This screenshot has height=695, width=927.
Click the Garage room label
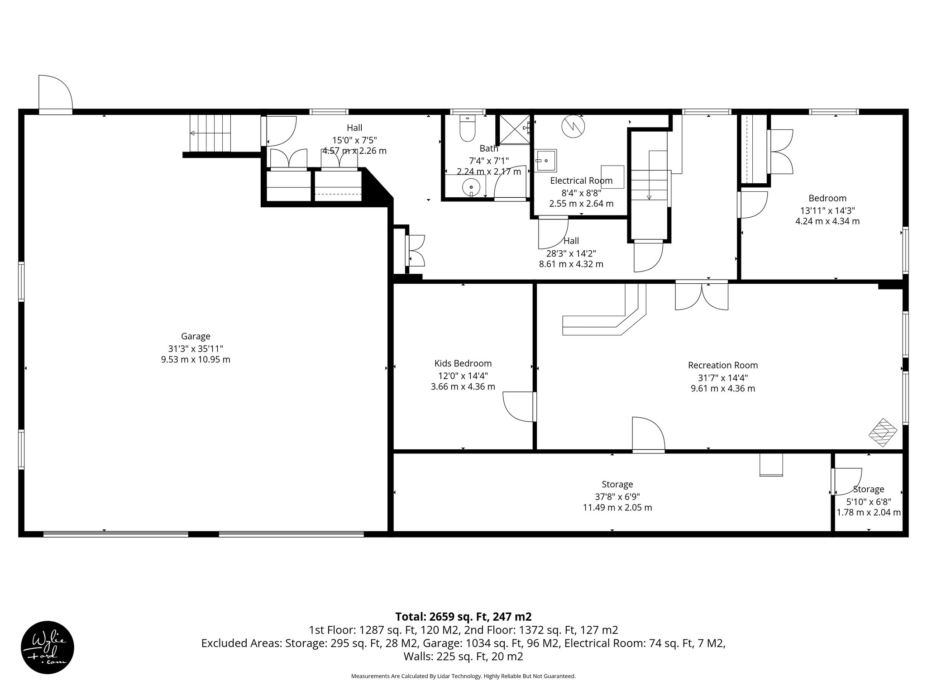pos(196,336)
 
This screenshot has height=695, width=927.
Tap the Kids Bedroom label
pos(463,363)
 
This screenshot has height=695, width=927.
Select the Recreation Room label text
pos(722,365)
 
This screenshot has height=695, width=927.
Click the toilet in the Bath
pos(467,128)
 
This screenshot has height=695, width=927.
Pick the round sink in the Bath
pos(471,186)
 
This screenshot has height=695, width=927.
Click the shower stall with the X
pos(515,129)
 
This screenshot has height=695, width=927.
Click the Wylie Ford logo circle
pos(48,647)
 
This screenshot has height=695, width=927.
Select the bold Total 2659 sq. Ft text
pos(463,617)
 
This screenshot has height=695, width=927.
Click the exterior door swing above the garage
pos(55,93)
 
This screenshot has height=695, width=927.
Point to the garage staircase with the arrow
pos(210,133)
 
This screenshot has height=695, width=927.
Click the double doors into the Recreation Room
pos(702,295)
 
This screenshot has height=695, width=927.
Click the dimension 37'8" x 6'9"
pos(617,496)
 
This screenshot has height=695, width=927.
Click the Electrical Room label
pos(581,181)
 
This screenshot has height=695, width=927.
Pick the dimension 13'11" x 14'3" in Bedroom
pos(827,210)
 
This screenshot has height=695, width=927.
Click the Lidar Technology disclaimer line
pos(463,676)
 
